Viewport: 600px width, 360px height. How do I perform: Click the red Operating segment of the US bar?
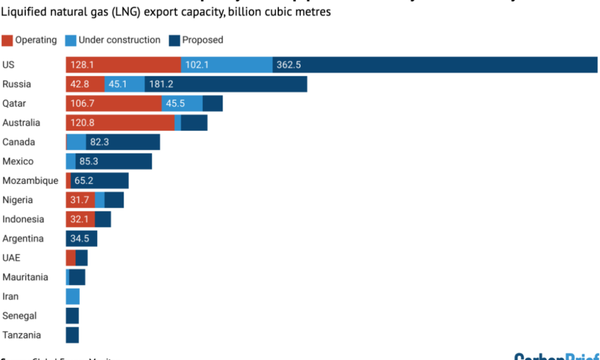click(123, 65)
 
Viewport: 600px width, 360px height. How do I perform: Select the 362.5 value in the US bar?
click(289, 65)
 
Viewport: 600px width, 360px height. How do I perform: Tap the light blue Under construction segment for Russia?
click(124, 84)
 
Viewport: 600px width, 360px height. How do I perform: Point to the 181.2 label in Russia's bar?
click(161, 84)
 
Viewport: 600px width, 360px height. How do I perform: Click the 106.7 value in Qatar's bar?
click(83, 103)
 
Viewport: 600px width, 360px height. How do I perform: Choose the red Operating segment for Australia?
click(120, 122)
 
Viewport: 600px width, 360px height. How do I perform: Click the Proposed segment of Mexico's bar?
click(114, 161)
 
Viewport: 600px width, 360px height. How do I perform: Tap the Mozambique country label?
click(30, 181)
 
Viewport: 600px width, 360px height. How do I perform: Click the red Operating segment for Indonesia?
click(80, 219)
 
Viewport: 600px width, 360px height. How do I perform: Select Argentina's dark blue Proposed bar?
click(82, 239)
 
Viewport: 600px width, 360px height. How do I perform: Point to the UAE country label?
click(12, 258)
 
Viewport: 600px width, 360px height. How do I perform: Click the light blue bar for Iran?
click(73, 296)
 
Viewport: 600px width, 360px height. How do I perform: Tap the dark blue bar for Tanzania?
click(73, 335)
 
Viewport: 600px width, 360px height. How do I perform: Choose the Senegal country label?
click(19, 316)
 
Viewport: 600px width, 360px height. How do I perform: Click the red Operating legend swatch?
click(7, 40)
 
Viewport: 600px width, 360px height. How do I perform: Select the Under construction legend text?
click(119, 40)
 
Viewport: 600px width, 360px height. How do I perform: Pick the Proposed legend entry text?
click(202, 40)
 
